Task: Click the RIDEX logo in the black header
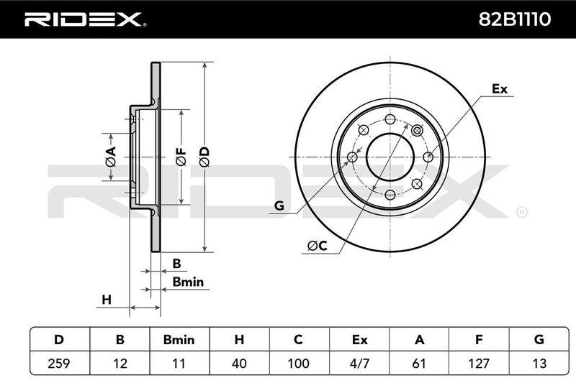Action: click(x=85, y=19)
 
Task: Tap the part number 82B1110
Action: click(x=514, y=19)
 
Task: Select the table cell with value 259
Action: click(x=59, y=363)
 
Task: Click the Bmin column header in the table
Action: click(x=179, y=340)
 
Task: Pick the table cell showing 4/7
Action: click(x=359, y=363)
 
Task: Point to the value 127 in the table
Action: click(x=479, y=363)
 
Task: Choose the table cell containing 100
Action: click(x=298, y=363)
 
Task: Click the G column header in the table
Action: click(x=539, y=340)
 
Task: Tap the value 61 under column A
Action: click(x=419, y=363)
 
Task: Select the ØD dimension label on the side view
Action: click(x=204, y=157)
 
